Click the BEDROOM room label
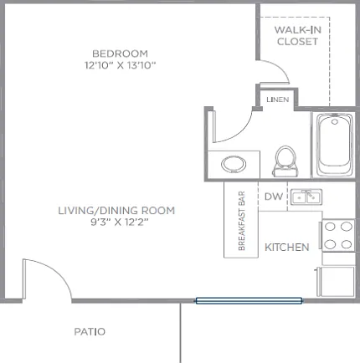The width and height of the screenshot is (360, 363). coord(120,54)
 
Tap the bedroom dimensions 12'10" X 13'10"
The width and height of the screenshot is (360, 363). coord(120,65)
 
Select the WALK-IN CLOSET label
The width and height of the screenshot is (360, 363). coord(298,36)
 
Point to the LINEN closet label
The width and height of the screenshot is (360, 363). coord(277,100)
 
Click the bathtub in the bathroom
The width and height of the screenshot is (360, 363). coord(334,144)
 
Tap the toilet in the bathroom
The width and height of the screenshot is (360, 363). coord(285,161)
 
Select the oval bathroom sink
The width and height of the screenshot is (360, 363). coord(234,164)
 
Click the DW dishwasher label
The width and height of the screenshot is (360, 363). coord(274,197)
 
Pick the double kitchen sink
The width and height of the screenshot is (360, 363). coord(306,197)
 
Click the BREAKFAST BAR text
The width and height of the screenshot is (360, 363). coord(242,221)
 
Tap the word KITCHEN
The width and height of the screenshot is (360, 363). coord(287,248)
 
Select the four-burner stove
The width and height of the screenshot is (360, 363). coord(337,236)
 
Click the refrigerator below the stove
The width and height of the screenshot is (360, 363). coord(336,282)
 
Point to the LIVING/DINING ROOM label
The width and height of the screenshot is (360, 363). coord(116,211)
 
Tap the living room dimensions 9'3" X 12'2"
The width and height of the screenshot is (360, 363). coord(120,222)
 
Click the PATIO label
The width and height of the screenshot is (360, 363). coord(90,332)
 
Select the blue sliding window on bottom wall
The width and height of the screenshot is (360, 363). coord(249,300)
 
